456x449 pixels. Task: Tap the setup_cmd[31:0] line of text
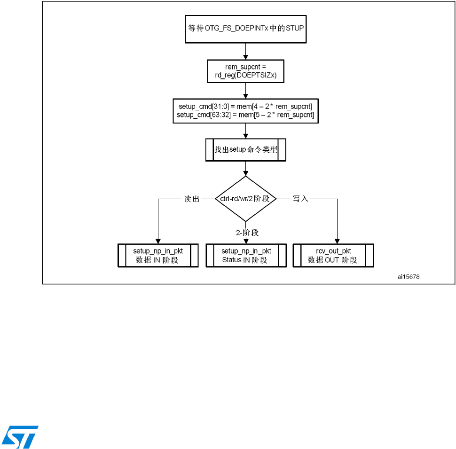245,107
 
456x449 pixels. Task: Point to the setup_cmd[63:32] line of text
245,115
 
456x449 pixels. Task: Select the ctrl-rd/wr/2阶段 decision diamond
245,199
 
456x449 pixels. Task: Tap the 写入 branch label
300,199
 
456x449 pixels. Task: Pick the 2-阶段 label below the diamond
247,232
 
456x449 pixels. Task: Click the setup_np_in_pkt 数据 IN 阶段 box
157,255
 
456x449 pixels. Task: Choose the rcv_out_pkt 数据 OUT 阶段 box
333,255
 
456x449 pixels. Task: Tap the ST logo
20,436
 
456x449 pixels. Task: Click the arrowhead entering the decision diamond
245,174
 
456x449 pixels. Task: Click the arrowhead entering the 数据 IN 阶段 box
157,241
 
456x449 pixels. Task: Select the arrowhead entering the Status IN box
245,241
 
